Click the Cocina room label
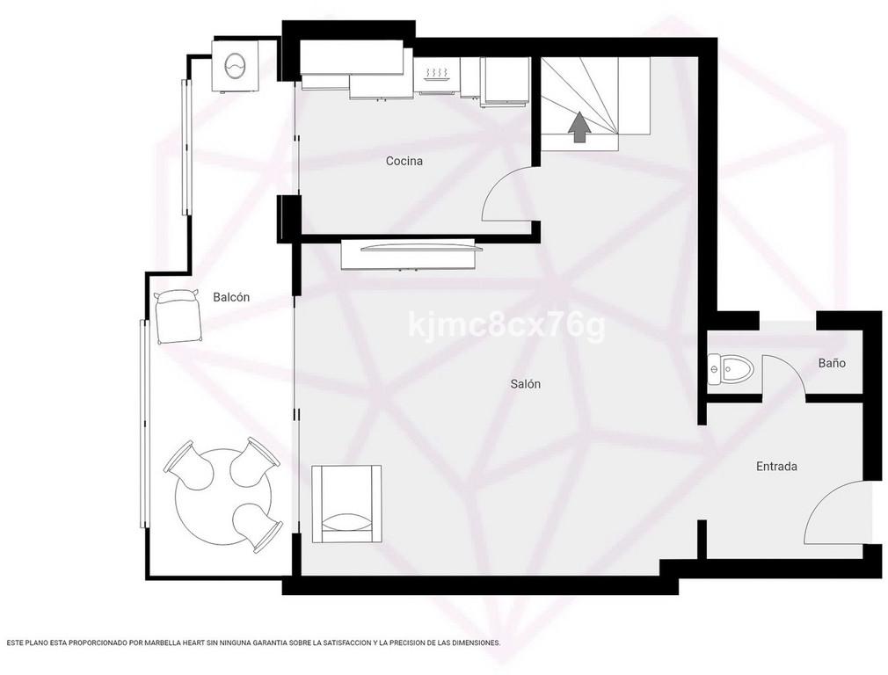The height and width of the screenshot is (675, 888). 404,161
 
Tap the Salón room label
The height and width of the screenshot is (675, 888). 526,384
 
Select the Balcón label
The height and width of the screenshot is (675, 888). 231,297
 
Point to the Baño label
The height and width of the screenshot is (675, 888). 832,363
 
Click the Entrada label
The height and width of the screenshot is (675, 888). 777,466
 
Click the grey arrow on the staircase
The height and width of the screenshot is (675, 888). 579,127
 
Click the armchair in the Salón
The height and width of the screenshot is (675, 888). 346,504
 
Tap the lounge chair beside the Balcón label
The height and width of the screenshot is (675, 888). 178,316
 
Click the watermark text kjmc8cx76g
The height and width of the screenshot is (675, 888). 506,326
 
